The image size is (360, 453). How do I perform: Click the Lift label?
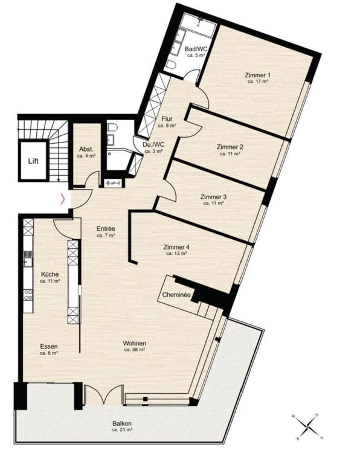(x=33, y=161)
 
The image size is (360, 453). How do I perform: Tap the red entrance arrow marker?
(x=62, y=198)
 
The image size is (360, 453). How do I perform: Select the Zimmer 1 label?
(x=257, y=75)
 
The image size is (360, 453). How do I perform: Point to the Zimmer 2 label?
(x=230, y=147)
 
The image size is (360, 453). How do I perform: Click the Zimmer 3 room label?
(x=213, y=197)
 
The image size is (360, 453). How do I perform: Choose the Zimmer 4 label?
(x=176, y=247)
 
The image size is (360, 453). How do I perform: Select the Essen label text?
(x=49, y=346)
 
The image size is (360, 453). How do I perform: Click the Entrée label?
(x=106, y=229)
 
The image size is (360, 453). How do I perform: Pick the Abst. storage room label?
(x=85, y=150)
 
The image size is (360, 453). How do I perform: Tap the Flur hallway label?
(x=167, y=119)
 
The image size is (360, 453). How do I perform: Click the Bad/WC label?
(x=196, y=48)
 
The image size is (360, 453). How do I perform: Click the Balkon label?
(x=121, y=424)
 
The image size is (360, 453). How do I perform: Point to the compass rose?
(x=309, y=425)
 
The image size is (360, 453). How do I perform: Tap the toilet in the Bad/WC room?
(x=170, y=65)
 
